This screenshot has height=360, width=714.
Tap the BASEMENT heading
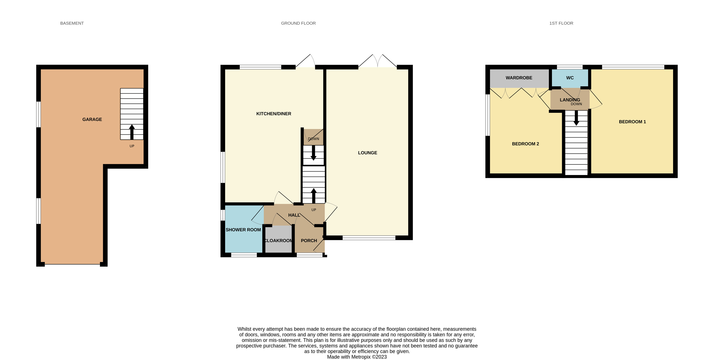(x=72, y=23)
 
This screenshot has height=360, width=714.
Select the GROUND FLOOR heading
(x=298, y=23)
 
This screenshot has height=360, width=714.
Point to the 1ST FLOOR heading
(x=561, y=23)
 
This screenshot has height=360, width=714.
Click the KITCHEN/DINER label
(x=274, y=114)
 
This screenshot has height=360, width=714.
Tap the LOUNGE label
(x=367, y=153)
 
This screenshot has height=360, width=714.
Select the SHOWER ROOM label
(x=243, y=230)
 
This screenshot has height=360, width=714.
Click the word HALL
(x=294, y=215)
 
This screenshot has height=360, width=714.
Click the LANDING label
(x=570, y=100)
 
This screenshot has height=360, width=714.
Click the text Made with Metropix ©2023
(x=357, y=357)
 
